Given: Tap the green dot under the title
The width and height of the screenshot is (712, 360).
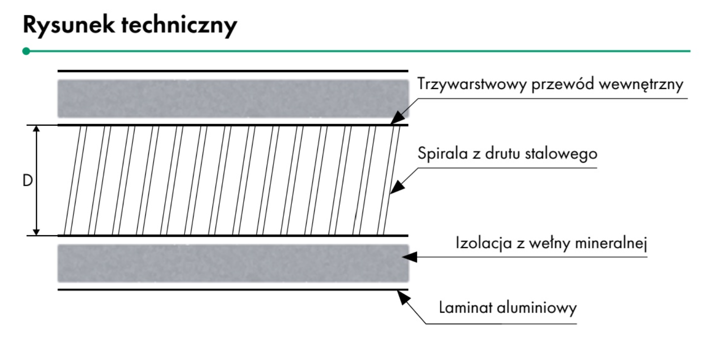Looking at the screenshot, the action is click(26, 51).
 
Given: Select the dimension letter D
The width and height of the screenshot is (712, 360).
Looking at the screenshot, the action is click(28, 181).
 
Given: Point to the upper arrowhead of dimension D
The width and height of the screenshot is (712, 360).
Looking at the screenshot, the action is click(37, 128).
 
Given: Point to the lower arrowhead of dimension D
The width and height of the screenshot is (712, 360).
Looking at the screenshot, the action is click(37, 232).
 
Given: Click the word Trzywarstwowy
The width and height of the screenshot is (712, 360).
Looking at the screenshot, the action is click(472, 84).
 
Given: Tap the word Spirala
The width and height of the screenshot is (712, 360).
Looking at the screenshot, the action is click(443, 153).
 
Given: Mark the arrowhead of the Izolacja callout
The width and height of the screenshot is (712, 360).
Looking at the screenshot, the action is click(409, 257).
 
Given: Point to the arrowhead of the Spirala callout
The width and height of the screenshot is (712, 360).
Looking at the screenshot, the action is click(397, 187).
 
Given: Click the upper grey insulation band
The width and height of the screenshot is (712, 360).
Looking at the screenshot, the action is click(233, 98).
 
